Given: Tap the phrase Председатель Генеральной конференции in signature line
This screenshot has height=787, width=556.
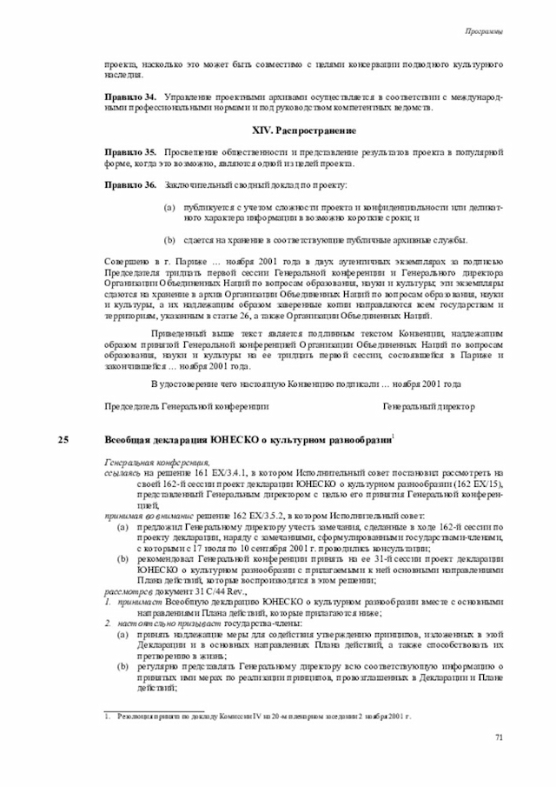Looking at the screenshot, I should [x=187, y=406].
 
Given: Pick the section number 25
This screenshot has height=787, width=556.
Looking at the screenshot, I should [x=63, y=439].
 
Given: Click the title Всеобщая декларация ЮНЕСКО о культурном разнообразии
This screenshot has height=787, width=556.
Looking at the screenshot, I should [x=248, y=439].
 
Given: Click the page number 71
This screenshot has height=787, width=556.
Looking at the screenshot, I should [x=500, y=738].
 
